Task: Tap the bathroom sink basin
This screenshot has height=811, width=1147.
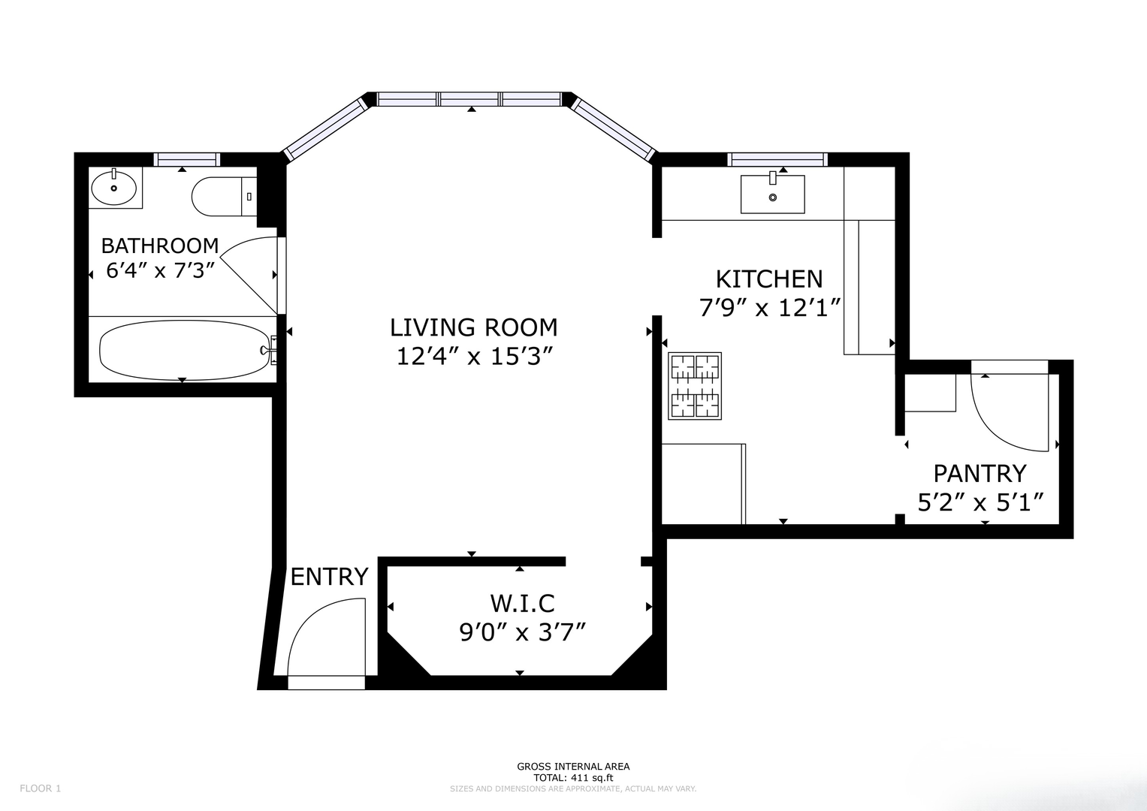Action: pyautogui.click(x=113, y=188)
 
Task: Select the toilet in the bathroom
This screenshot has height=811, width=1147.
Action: pyautogui.click(x=225, y=197)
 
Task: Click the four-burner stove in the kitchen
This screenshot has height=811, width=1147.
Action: pyautogui.click(x=695, y=386)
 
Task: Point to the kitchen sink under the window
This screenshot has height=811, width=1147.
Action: pyautogui.click(x=773, y=194)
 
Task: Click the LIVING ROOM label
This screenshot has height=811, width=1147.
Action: pyautogui.click(x=474, y=327)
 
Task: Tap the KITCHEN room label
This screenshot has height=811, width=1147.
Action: pyautogui.click(x=769, y=279)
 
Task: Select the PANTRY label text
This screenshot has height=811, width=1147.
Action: pyautogui.click(x=980, y=474)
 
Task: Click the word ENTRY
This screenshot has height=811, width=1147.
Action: pyautogui.click(x=329, y=577)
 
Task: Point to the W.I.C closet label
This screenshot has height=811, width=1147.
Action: pyautogui.click(x=522, y=604)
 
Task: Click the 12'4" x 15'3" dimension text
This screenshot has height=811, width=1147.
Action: pyautogui.click(x=476, y=357)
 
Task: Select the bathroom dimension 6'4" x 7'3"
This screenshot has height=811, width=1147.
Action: pyautogui.click(x=160, y=270)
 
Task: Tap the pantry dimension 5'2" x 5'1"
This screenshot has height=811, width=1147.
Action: pyautogui.click(x=980, y=503)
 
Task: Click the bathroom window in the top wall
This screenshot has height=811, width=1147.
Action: pyautogui.click(x=187, y=160)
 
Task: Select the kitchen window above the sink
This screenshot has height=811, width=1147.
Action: pyautogui.click(x=777, y=160)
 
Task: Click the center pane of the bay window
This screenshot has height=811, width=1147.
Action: pyautogui.click(x=469, y=99)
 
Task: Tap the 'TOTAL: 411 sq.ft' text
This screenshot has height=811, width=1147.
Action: pyautogui.click(x=574, y=778)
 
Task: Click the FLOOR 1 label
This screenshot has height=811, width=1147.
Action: pyautogui.click(x=41, y=788)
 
